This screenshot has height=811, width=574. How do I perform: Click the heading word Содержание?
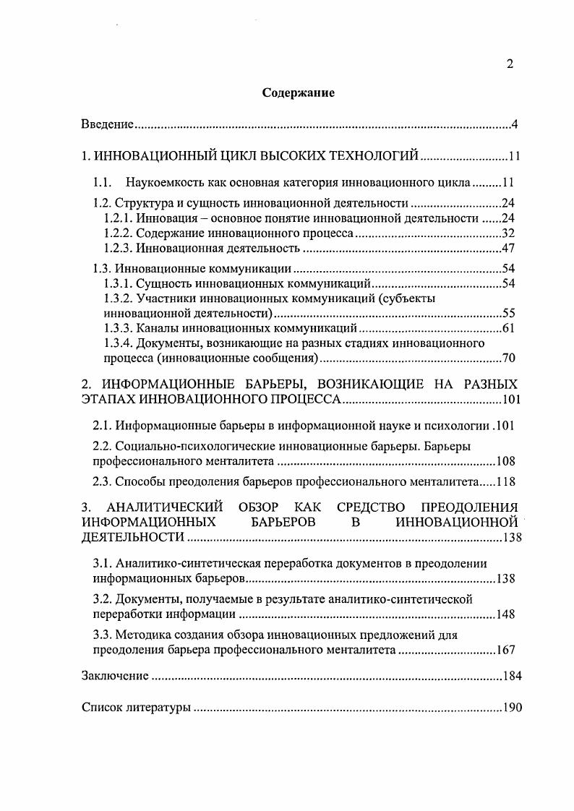298,93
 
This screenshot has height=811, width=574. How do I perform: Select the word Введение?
107,125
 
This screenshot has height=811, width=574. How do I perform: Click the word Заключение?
114,677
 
